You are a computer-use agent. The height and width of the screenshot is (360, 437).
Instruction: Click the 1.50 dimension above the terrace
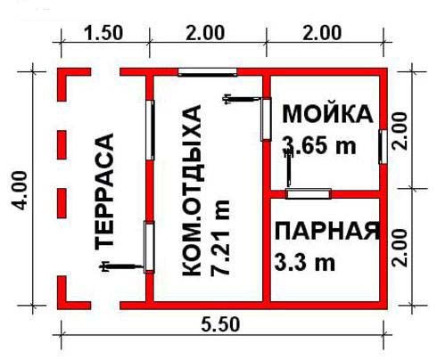coord(103,33)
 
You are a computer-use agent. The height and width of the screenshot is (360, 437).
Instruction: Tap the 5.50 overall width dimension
coord(220,324)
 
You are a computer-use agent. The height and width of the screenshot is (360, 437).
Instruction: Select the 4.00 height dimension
coord(21,191)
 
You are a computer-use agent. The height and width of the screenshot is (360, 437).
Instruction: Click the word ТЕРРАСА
coord(104,192)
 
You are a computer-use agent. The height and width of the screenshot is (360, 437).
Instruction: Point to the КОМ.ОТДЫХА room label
coord(192,191)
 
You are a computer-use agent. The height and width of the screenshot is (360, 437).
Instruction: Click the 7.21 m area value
coord(220,238)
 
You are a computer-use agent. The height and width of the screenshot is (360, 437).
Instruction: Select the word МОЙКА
coord(327,114)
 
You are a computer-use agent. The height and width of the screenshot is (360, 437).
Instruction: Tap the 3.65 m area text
coord(319,145)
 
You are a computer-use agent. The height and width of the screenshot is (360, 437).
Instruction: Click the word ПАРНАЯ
coord(327,231)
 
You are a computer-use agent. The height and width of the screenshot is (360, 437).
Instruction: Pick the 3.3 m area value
coord(305,262)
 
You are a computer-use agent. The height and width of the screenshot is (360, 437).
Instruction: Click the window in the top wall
coord(208,72)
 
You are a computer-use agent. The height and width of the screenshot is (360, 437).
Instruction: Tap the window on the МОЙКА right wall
coord(383,146)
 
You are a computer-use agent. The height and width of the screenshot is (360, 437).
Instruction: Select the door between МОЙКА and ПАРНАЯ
coord(309,193)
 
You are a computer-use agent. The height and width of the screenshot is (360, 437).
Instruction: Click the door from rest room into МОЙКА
coord(266,119)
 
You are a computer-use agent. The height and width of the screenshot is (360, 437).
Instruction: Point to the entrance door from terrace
coord(149,247)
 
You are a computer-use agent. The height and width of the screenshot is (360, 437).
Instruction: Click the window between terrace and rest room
coord(151,130)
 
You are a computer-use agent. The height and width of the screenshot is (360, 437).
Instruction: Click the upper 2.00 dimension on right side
coord(400,131)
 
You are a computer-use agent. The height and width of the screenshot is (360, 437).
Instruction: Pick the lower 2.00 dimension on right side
coord(400,248)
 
